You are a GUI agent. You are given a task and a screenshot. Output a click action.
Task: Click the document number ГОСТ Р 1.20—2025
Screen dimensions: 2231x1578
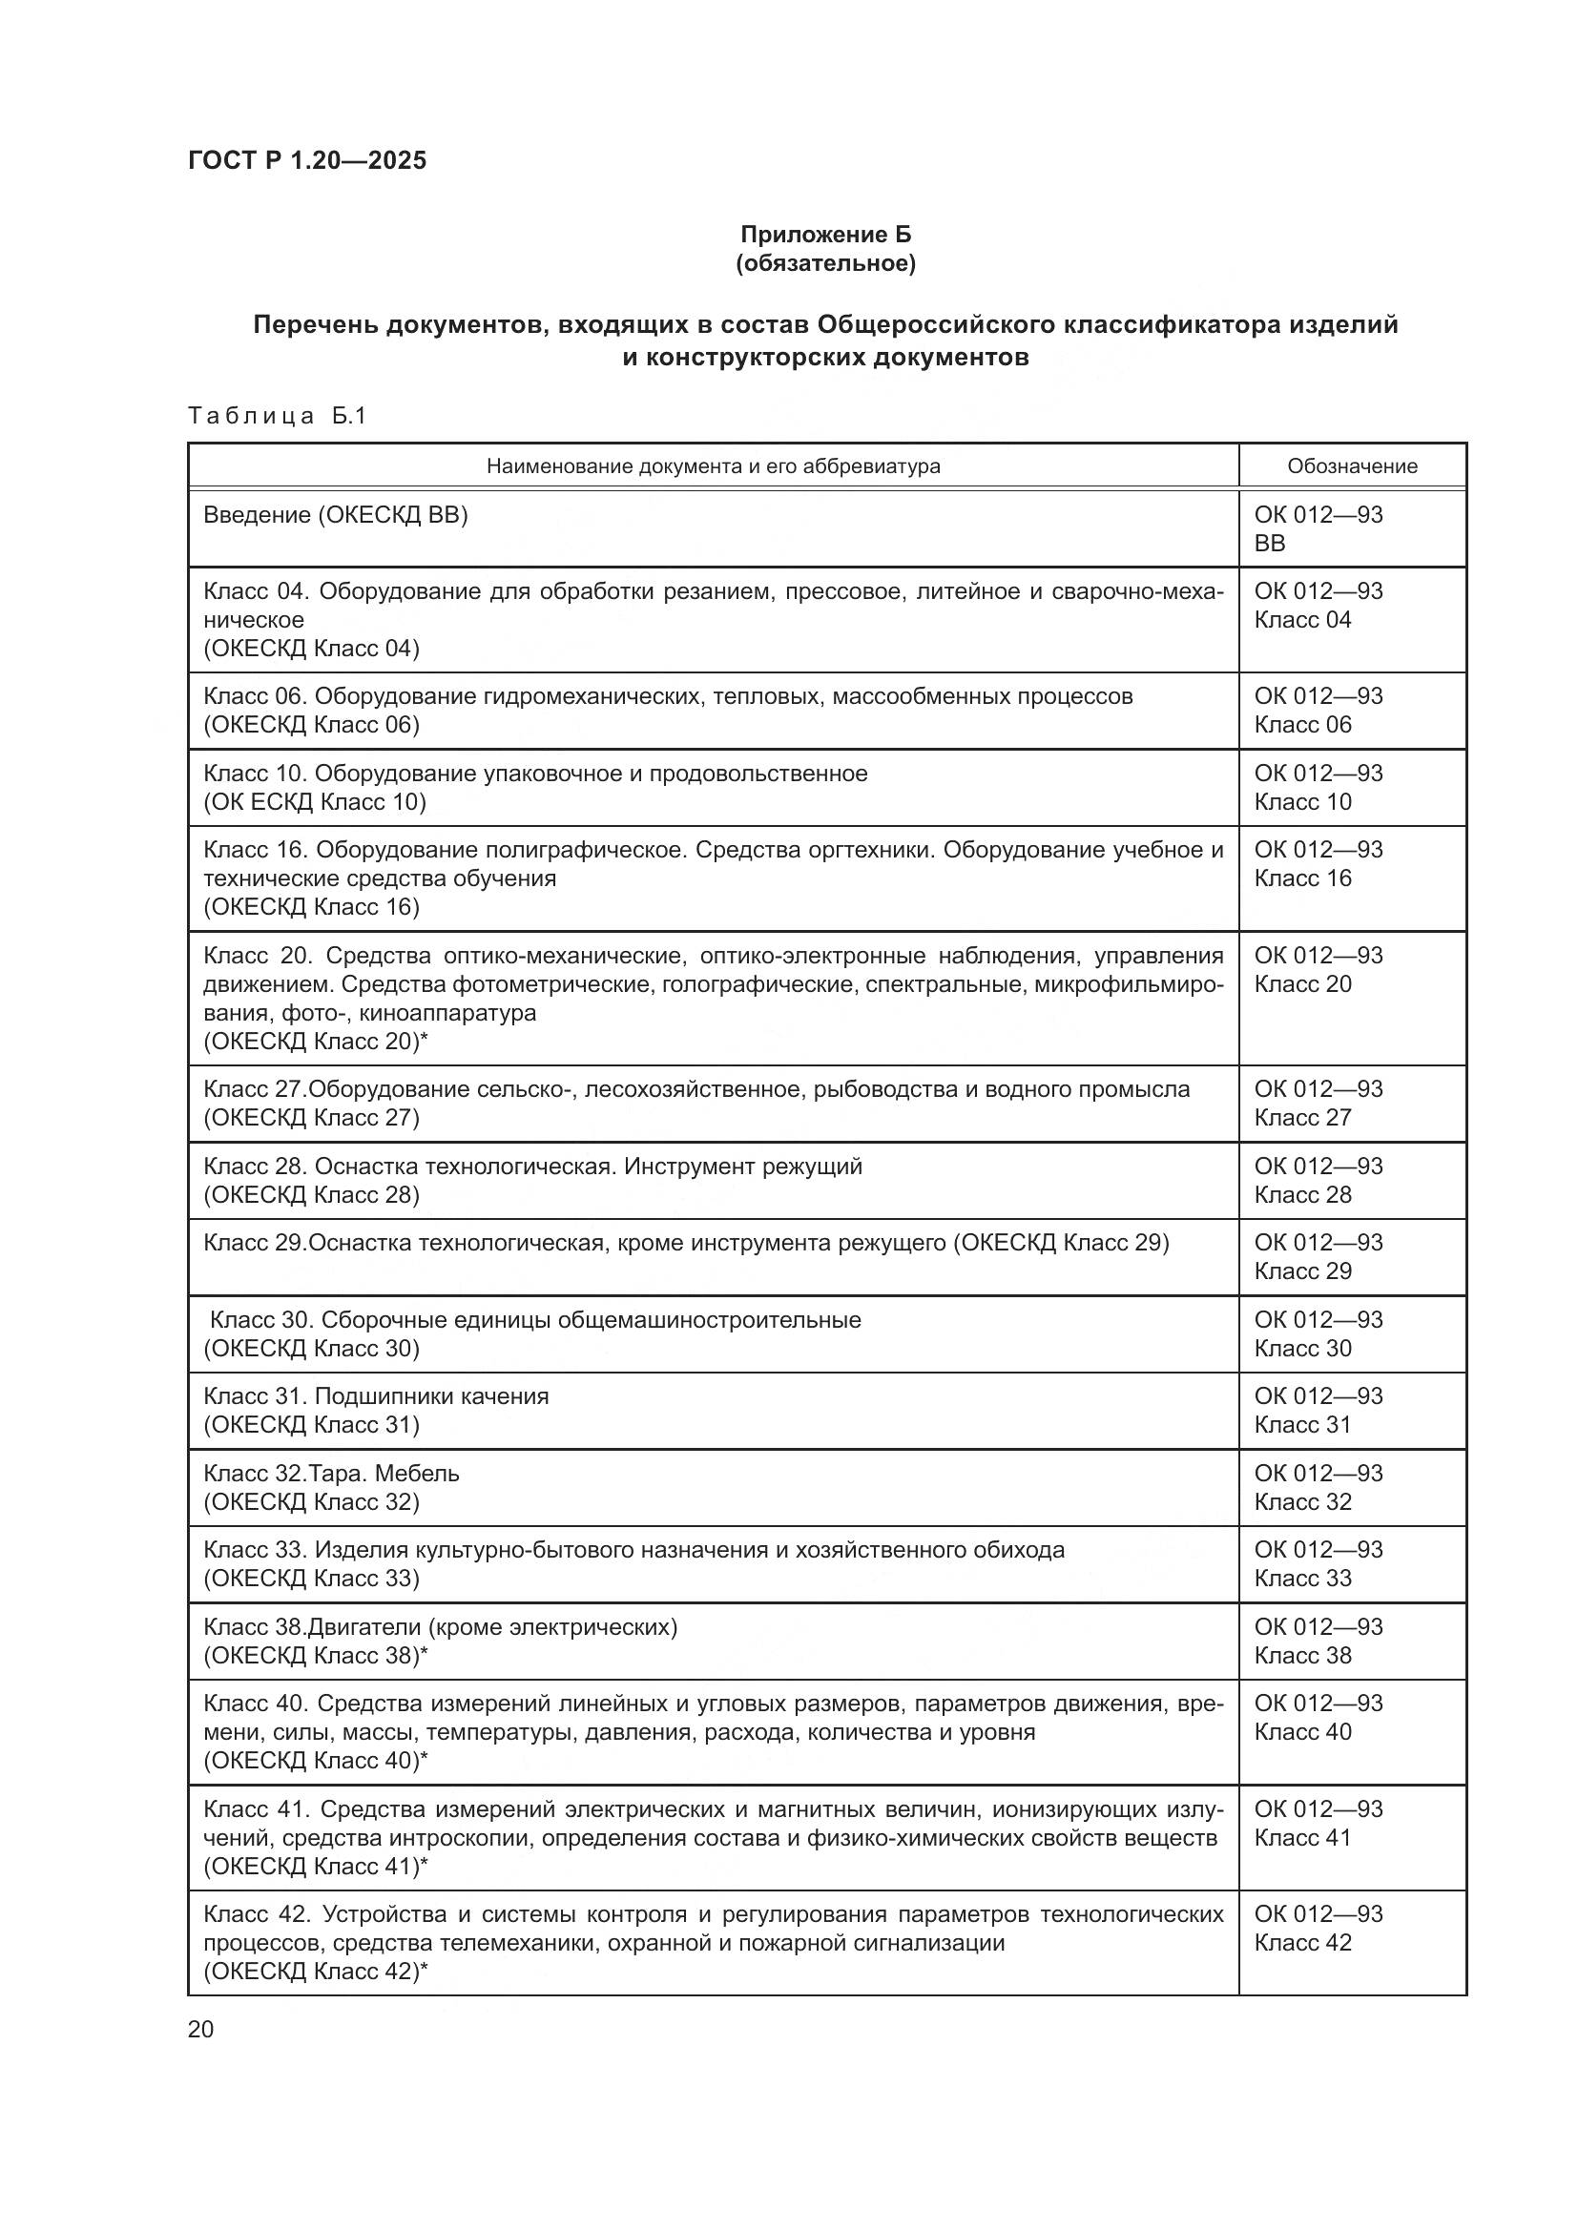click(x=307, y=160)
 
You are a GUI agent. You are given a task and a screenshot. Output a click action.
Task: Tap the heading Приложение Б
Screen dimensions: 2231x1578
click(x=825, y=235)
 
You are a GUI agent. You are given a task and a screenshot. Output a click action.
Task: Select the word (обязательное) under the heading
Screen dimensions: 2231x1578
click(x=825, y=263)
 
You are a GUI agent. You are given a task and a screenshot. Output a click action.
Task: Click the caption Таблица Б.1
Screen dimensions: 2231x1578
click(x=277, y=416)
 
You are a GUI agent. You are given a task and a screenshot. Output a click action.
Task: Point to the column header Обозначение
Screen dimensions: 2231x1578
click(x=1352, y=466)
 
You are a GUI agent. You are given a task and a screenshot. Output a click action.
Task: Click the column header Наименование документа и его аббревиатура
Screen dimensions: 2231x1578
click(x=713, y=466)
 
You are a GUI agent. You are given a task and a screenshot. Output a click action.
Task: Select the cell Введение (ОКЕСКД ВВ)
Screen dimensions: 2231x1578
click(x=335, y=515)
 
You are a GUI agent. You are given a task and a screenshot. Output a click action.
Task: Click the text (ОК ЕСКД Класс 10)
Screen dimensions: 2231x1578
click(x=314, y=801)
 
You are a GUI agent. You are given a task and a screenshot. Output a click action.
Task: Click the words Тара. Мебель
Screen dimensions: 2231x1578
click(x=384, y=1473)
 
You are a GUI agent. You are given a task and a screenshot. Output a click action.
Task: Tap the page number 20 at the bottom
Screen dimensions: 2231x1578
click(x=200, y=2029)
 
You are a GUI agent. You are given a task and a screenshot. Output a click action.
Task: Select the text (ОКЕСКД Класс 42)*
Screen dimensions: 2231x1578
click(x=315, y=1971)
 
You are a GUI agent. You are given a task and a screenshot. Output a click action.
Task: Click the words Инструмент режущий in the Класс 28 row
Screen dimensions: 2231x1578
click(x=743, y=1166)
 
